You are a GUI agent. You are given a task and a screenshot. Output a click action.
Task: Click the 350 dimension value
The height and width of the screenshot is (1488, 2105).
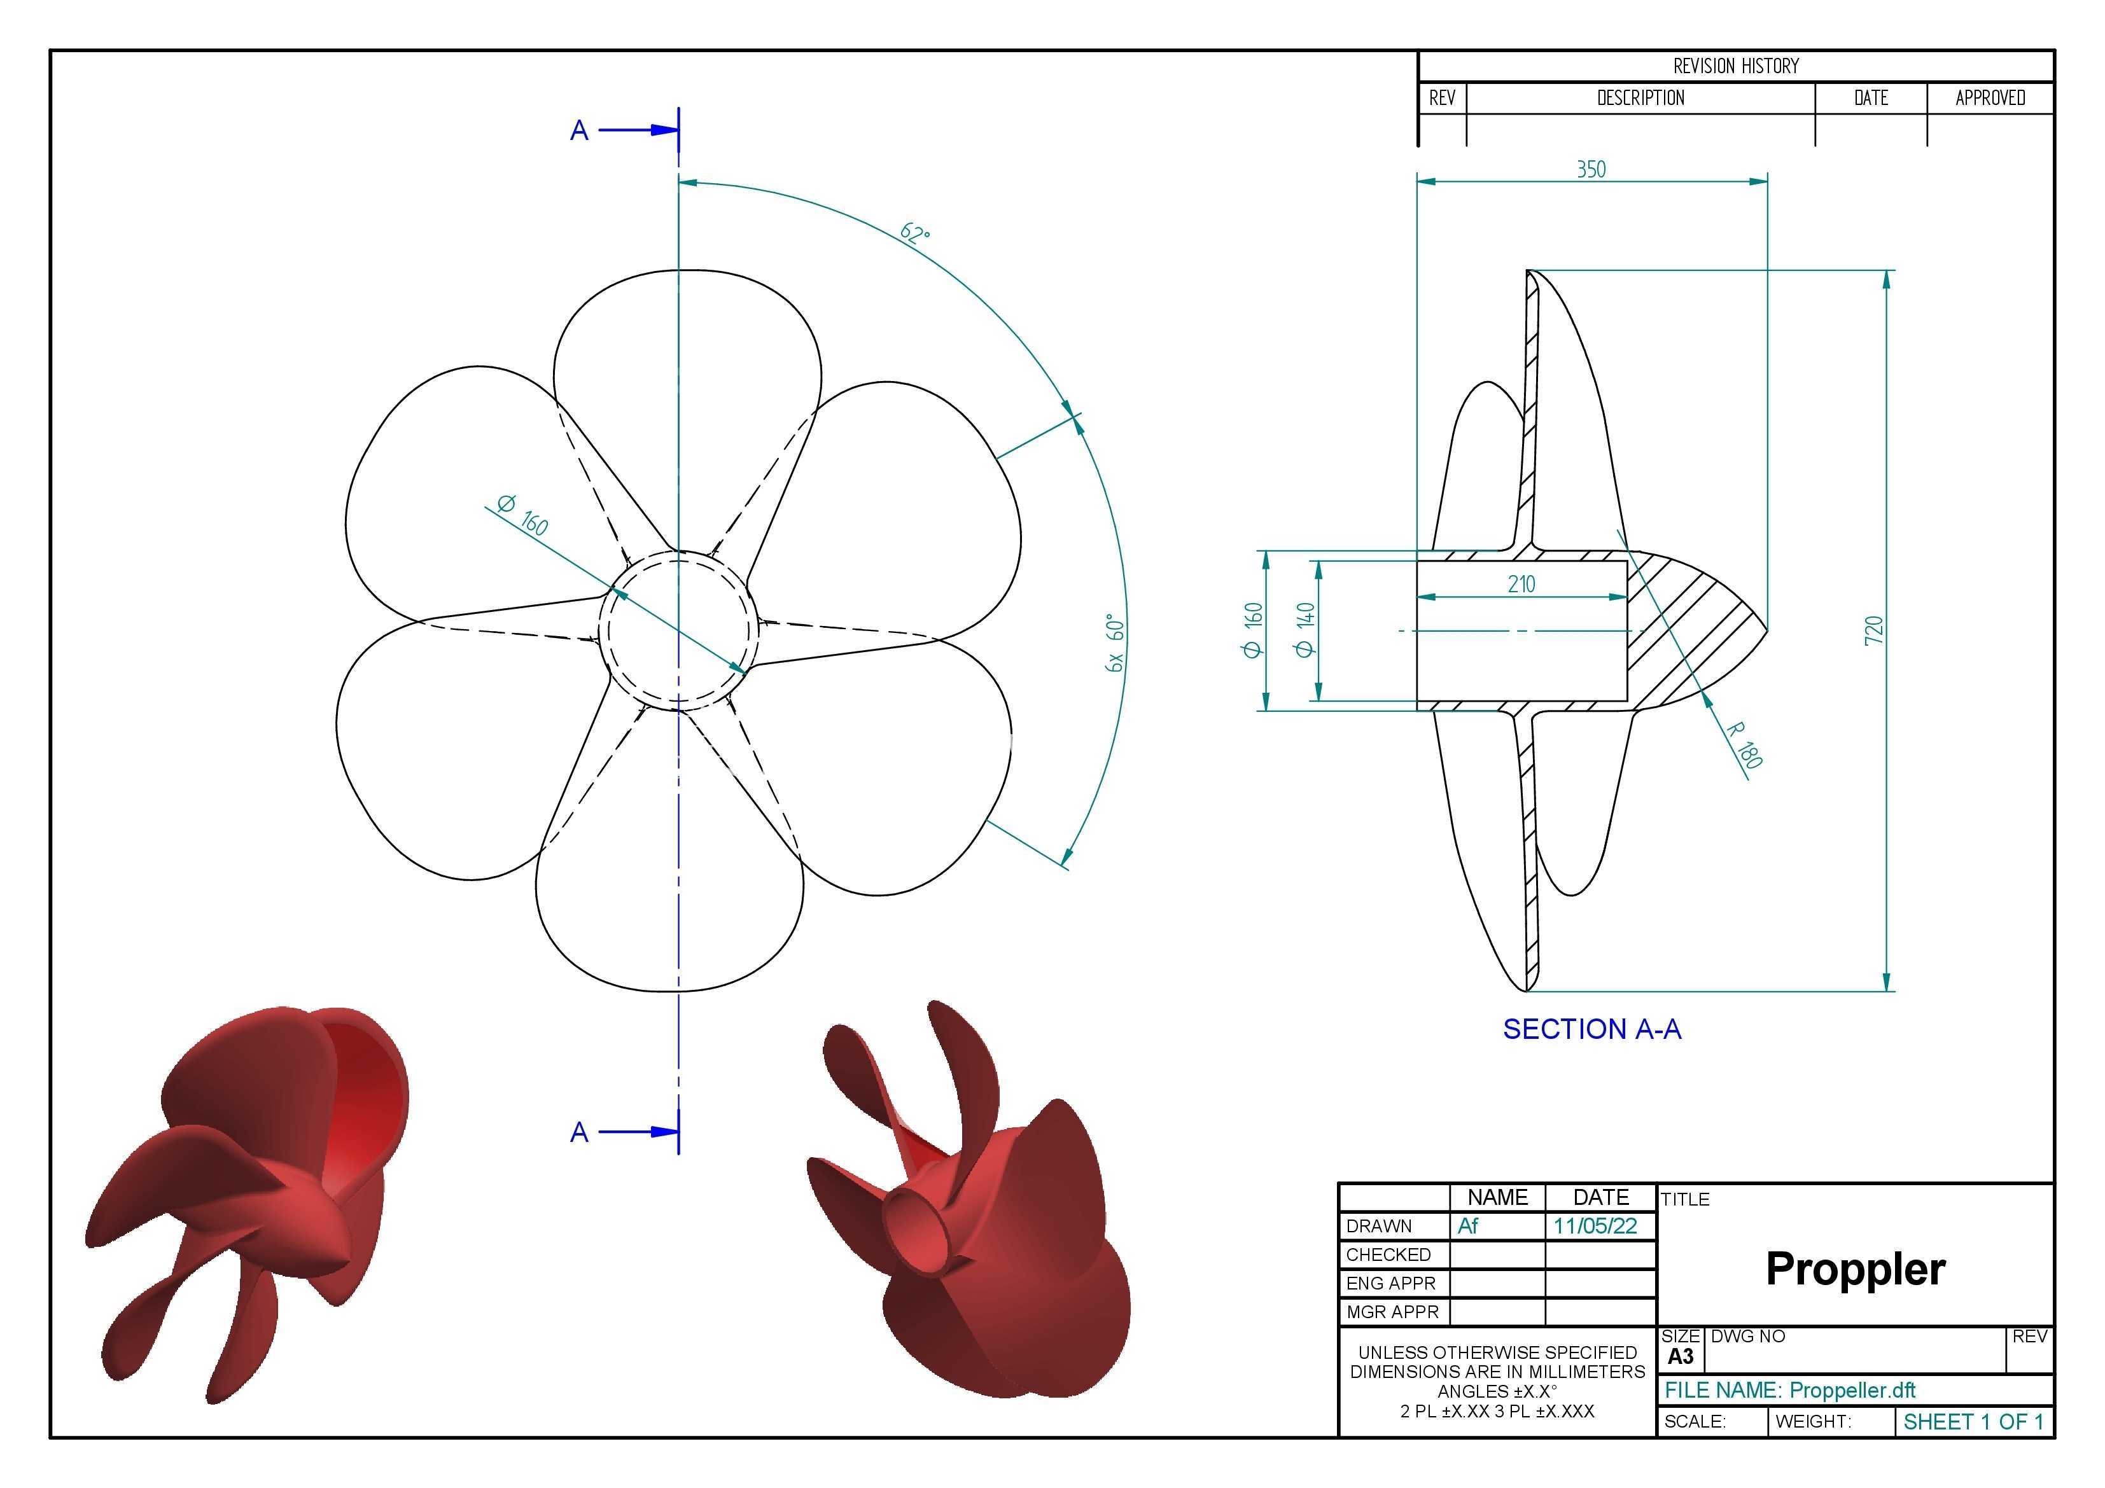point(1591,170)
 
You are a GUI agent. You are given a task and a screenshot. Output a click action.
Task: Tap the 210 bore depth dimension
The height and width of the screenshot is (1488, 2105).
point(1521,584)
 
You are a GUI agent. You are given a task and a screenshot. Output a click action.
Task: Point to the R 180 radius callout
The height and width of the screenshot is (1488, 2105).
point(1744,744)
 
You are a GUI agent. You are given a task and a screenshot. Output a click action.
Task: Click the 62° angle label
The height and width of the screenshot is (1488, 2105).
point(915,233)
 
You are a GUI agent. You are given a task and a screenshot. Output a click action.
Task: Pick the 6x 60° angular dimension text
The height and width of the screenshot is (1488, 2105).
point(1115,643)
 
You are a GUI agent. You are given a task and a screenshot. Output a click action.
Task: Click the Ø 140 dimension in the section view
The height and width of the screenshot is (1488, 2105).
point(1306,629)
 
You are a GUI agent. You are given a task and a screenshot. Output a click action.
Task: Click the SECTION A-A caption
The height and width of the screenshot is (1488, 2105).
point(1591,1029)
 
